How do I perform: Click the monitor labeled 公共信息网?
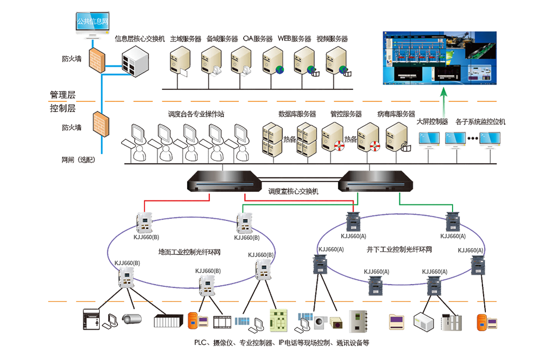(x=92, y=24)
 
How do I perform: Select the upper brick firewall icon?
(x=98, y=59)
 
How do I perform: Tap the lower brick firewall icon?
(x=101, y=126)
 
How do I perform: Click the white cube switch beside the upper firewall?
(x=135, y=60)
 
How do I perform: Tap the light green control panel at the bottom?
(x=278, y=320)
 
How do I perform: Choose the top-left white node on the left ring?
(x=145, y=220)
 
